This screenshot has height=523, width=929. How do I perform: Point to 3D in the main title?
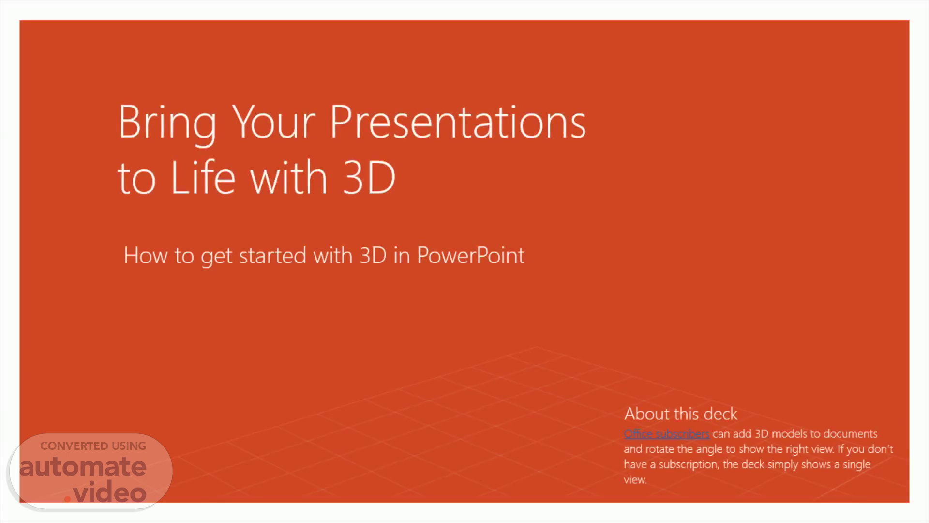369,177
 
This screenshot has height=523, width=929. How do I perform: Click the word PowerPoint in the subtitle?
470,255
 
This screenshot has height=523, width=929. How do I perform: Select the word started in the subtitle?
272,256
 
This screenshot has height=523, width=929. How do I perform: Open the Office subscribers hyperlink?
666,433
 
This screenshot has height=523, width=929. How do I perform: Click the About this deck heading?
680,414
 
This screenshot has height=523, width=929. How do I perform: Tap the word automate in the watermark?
83,466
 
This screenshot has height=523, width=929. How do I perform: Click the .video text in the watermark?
105,492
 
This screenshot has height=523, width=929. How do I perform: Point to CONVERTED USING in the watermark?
93,446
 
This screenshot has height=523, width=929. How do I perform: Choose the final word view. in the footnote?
635,480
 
